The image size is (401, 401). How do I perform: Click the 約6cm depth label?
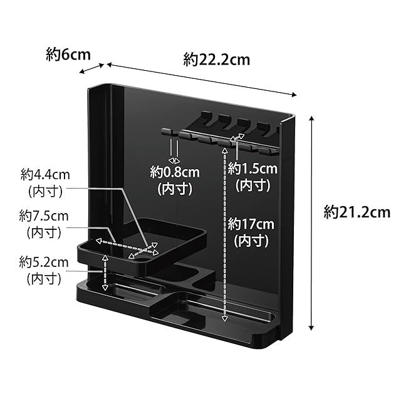[x=68, y=55]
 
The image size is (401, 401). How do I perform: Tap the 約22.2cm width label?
[x=217, y=60]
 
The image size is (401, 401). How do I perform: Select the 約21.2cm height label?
[x=357, y=212]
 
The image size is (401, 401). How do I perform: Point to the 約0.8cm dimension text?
[x=175, y=172]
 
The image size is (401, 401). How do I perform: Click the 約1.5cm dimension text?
[x=253, y=168]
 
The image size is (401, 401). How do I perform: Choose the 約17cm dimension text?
[x=251, y=223]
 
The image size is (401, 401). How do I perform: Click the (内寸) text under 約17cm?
[x=251, y=239]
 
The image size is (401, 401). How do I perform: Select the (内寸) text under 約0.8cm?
[x=175, y=188]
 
